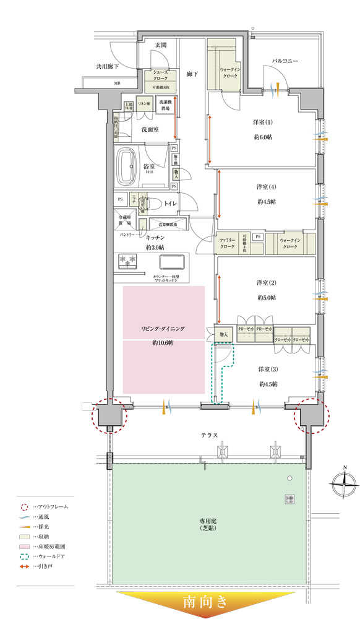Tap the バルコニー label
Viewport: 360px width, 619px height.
[285, 61]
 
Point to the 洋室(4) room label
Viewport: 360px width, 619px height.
[267, 187]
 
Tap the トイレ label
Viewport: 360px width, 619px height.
[170, 202]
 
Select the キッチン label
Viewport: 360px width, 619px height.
[154, 237]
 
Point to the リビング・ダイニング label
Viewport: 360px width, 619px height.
[163, 329]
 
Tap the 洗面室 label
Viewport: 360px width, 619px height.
[150, 129]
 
